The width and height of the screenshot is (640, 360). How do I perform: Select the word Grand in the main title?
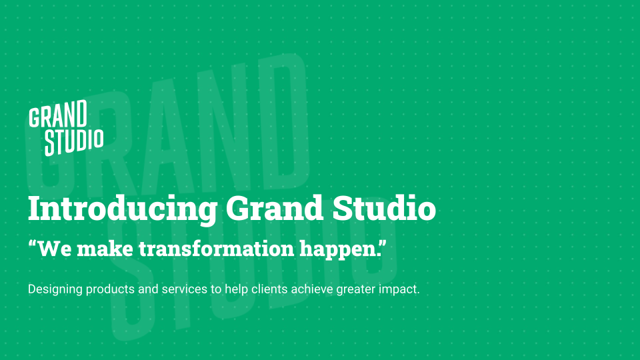275,208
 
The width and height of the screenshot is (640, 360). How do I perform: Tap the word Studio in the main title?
385,208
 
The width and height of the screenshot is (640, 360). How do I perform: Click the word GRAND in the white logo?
58,114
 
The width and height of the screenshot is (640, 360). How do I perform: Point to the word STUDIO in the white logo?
74,143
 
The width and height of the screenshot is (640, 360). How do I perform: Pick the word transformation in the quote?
216,249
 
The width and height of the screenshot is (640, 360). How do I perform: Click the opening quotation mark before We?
32,244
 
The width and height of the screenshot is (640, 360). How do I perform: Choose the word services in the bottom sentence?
185,289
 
